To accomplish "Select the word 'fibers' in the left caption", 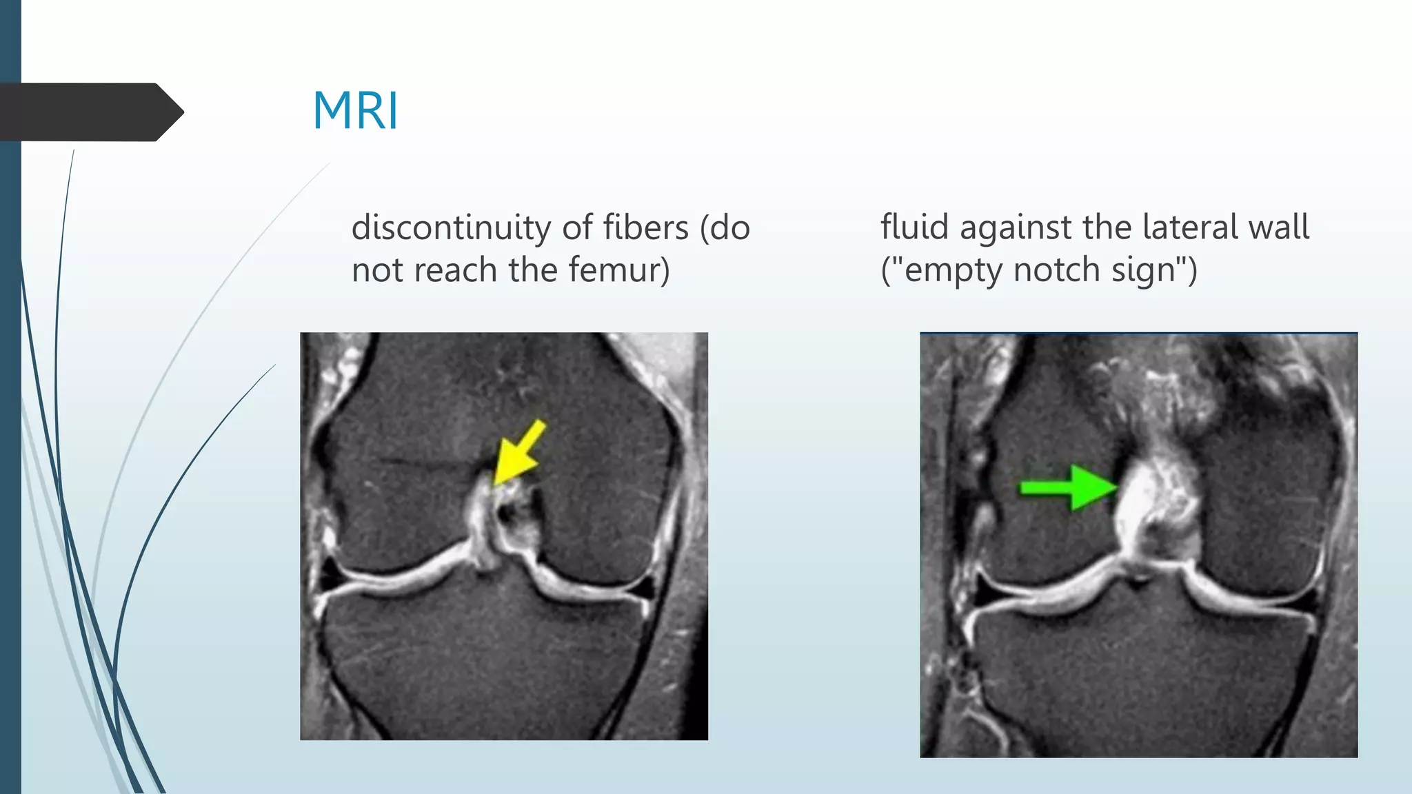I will point(645,227).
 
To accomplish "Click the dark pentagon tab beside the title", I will point(90,112).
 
